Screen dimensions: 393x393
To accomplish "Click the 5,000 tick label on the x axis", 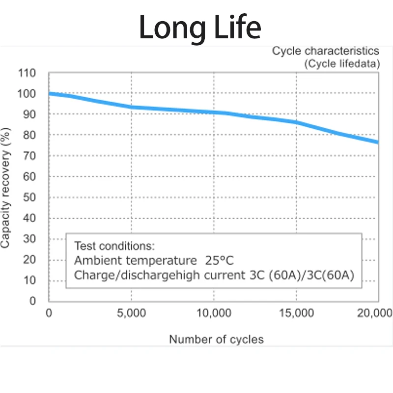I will click(x=131, y=313).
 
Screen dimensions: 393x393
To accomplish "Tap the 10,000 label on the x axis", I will click(x=213, y=313).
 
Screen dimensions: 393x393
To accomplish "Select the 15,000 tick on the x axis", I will click(x=296, y=313).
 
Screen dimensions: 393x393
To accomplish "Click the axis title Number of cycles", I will click(x=216, y=339).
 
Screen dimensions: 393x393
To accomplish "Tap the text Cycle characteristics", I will click(x=326, y=51).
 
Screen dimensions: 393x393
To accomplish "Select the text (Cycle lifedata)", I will click(x=341, y=64).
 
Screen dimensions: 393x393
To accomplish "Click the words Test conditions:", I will click(x=114, y=246).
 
